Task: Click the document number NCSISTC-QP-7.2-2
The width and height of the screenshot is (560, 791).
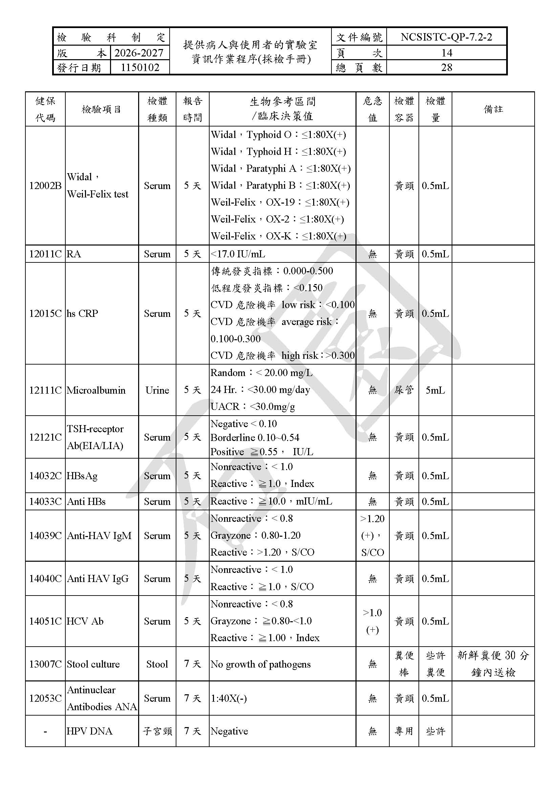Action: coord(446,37)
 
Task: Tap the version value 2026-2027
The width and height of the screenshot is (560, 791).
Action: coord(139,53)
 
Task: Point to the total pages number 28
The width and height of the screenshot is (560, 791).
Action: coord(446,68)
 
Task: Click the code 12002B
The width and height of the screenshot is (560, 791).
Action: coord(45,186)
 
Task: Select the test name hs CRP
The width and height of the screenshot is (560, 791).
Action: coord(82,313)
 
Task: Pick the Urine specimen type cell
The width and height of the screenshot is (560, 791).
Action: coord(157,390)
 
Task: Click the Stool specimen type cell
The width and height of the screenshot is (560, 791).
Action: coord(157,664)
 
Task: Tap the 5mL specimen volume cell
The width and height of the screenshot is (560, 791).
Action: coord(435,390)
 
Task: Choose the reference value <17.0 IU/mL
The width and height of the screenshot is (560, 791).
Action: coord(238,254)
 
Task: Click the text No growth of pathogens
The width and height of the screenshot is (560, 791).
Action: coord(261,664)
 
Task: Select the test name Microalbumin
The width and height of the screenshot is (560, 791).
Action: coord(96,390)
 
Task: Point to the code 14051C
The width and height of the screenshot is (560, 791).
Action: coord(45,621)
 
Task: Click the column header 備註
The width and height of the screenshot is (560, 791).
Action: coord(493,110)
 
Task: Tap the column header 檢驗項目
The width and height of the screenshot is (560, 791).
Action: coord(101,110)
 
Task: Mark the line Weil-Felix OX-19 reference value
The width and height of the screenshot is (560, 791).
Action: coord(280,202)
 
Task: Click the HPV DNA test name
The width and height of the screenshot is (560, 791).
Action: coord(90,731)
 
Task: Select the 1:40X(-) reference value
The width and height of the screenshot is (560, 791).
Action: coord(229,698)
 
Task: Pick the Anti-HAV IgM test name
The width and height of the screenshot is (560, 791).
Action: coord(99,536)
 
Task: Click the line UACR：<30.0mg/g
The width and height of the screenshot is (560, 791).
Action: coord(253,406)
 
